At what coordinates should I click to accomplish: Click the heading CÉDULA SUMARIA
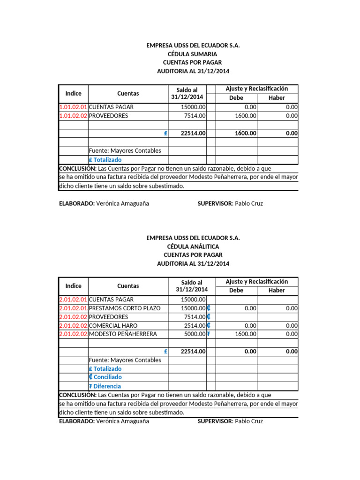click(x=193, y=54)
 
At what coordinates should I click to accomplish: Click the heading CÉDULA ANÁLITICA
click(x=193, y=247)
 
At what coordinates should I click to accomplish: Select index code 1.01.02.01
click(x=73, y=107)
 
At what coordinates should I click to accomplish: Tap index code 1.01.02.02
click(x=73, y=116)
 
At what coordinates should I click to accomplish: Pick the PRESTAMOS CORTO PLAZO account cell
click(x=124, y=308)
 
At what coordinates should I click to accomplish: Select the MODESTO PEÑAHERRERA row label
click(x=123, y=334)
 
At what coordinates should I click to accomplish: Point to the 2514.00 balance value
click(x=195, y=325)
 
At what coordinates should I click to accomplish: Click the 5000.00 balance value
click(x=195, y=334)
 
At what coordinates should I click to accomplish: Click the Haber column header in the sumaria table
click(x=277, y=98)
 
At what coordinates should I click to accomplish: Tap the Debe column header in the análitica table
click(x=236, y=291)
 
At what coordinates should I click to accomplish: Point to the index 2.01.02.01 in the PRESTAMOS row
click(x=73, y=308)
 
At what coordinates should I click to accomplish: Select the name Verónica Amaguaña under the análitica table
click(x=122, y=421)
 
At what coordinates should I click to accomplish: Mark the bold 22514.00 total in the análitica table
click(x=193, y=352)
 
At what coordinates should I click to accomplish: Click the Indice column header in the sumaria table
click(x=73, y=93)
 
